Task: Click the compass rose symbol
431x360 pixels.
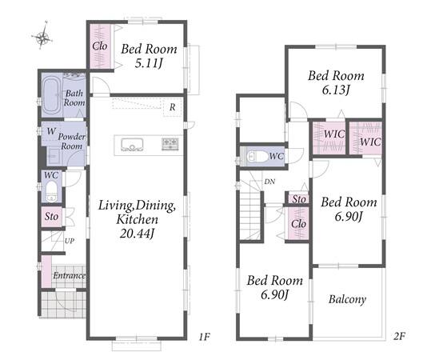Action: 42,36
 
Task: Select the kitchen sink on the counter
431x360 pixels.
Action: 132,145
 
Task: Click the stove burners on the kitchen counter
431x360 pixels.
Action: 170,144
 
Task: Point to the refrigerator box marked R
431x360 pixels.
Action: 173,107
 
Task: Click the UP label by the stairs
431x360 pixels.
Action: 70,241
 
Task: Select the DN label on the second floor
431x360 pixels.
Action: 269,182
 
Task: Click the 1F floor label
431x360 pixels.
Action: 204,336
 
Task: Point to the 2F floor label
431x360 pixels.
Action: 399,336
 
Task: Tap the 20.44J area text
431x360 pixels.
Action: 137,234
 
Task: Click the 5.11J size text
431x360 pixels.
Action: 149,63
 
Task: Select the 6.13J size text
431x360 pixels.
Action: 336,90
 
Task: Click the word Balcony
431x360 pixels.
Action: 347,299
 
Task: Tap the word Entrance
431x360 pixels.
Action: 69,275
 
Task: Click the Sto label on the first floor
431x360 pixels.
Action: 51,216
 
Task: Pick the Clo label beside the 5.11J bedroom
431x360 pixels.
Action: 99,46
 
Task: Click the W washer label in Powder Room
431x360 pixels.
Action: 51,131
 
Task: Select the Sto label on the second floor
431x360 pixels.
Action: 299,199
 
